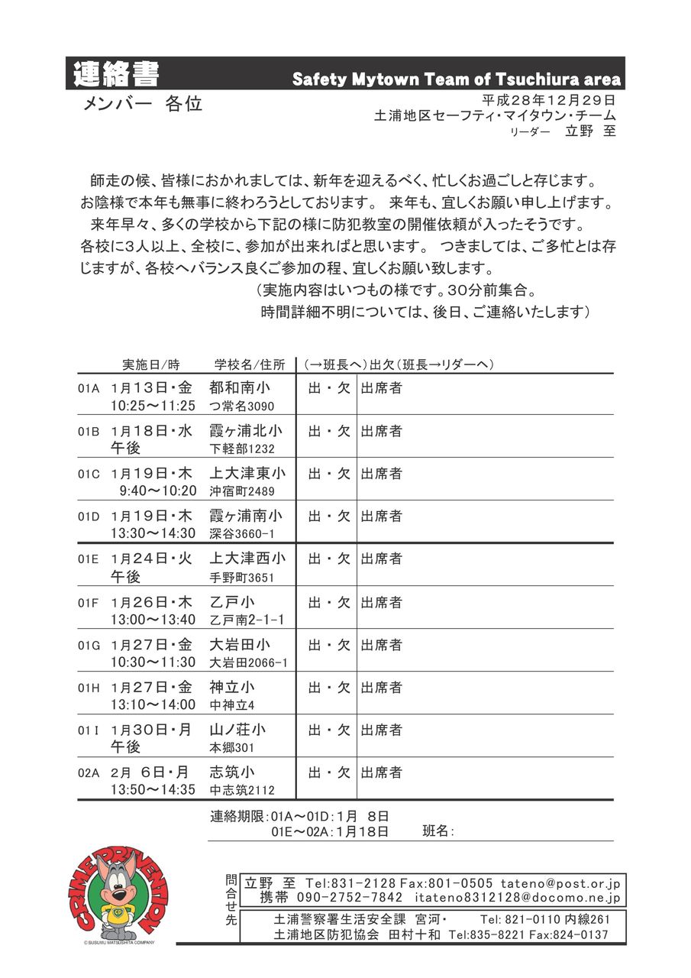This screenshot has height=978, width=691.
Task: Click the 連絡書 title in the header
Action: pyautogui.click(x=117, y=75)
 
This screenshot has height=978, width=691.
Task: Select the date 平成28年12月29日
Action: pyautogui.click(x=549, y=100)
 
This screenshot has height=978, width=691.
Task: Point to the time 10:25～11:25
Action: pyautogui.click(x=153, y=406)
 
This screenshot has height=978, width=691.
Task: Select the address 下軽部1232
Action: pyautogui.click(x=242, y=449)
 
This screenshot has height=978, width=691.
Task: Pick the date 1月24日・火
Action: pyautogui.click(x=152, y=559)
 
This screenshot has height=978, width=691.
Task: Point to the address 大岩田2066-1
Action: pyautogui.click(x=249, y=662)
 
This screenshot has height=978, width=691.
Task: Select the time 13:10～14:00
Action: pyautogui.click(x=153, y=704)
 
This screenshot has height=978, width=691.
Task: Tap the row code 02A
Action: pyautogui.click(x=89, y=773)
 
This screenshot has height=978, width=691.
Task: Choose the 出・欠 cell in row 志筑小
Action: pyautogui.click(x=329, y=772)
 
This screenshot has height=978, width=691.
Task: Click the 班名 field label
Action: pyautogui.click(x=438, y=831)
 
